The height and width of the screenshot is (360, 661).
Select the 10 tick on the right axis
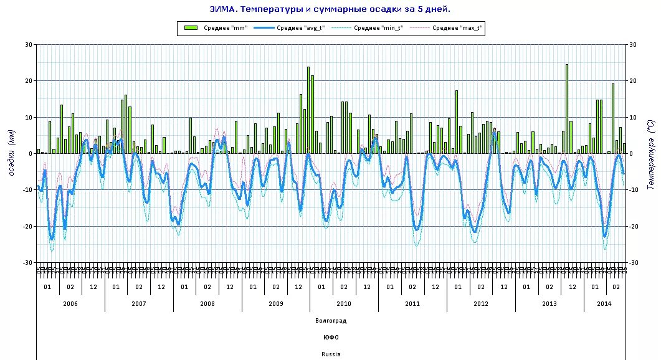(633, 117)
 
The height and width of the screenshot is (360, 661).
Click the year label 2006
(70, 303)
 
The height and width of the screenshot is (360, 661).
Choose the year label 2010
(344, 303)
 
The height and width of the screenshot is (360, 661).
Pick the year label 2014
(604, 303)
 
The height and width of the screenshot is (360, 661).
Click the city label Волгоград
(330, 321)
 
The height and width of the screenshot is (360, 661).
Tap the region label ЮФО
(330, 338)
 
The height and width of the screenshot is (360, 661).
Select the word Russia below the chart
(330, 354)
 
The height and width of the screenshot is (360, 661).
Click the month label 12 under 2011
(435, 287)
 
